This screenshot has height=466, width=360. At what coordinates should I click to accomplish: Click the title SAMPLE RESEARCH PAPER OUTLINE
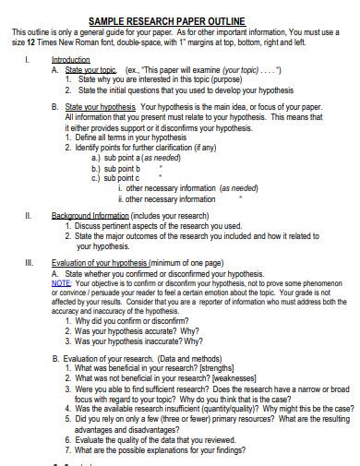[x=180, y=20]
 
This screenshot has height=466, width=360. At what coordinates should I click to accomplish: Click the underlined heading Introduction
[x=71, y=59]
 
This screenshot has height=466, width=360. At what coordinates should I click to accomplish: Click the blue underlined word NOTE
[x=61, y=282]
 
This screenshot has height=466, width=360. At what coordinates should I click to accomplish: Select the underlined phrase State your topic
[x=90, y=69]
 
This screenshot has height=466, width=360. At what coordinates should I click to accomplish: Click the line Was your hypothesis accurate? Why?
[x=138, y=330]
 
